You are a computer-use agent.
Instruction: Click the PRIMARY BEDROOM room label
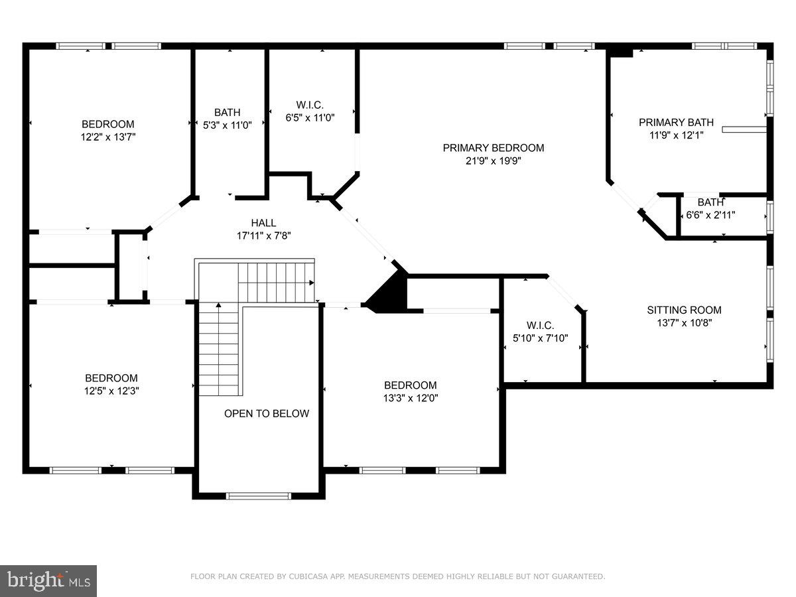coord(493,148)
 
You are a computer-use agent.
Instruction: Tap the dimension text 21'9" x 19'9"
coord(493,161)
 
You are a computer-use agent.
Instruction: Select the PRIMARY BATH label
coord(676,122)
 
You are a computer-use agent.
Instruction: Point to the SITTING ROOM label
coord(684,310)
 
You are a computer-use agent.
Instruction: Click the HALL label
coord(263,223)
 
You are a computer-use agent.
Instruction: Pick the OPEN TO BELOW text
coord(266,413)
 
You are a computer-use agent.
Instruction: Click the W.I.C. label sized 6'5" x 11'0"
coord(309,105)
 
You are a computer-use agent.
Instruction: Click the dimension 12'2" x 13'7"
coord(107,137)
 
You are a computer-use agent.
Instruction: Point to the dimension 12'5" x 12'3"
coord(111,391)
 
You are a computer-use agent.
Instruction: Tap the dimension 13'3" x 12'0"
coord(411,398)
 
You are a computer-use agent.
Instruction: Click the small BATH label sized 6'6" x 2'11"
coord(710,202)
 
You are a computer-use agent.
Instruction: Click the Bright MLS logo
coord(48,581)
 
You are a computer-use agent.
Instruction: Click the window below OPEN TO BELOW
coord(259,496)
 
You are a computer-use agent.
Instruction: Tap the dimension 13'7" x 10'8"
coord(684,322)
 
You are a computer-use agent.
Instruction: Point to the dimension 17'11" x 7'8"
coord(263,235)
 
